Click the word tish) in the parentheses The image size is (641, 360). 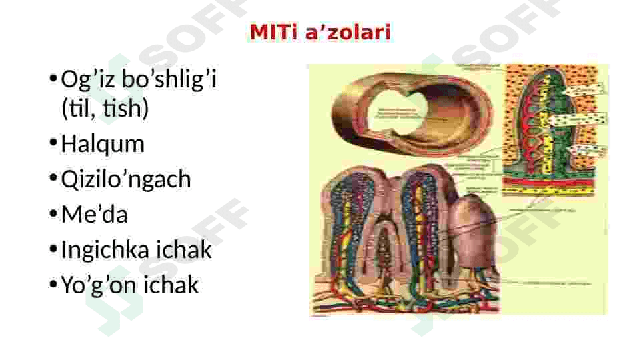[x=126, y=108]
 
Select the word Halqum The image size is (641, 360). [x=103, y=144]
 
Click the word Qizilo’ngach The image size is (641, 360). [x=126, y=179]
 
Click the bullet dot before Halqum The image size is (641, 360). [x=53, y=143]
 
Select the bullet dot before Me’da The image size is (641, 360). [x=53, y=214]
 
